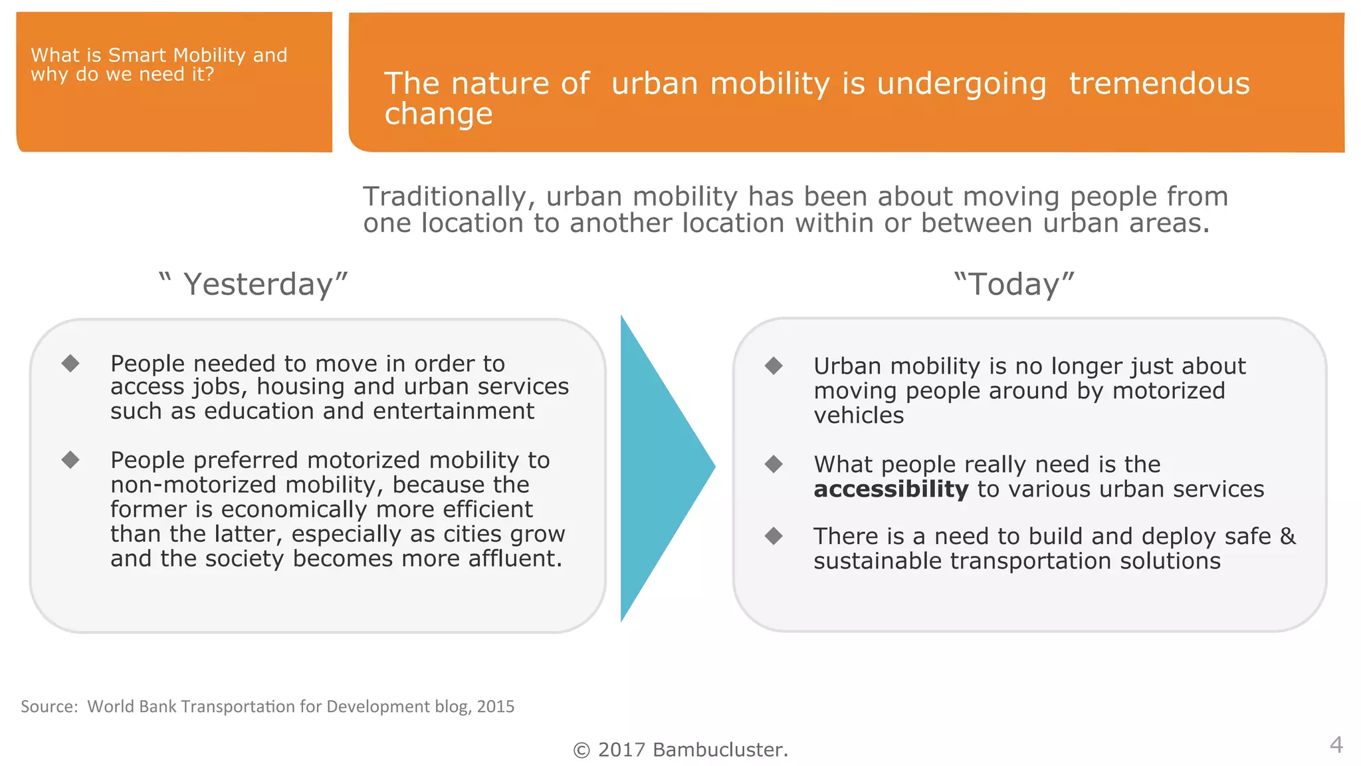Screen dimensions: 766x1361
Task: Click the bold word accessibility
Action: coord(890,489)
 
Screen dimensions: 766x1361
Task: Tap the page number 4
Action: coord(1336,744)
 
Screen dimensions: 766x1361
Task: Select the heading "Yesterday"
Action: coord(258,285)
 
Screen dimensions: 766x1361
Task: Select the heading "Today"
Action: coord(1014,285)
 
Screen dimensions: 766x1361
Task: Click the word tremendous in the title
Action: coord(1159,84)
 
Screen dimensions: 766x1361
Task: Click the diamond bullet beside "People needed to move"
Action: coord(70,363)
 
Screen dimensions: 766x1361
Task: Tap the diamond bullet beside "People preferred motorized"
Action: coord(70,459)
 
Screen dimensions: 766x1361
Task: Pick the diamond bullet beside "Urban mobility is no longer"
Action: coord(774,365)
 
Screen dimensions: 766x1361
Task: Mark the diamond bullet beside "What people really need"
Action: coord(774,463)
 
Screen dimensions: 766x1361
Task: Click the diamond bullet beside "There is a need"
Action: coord(774,535)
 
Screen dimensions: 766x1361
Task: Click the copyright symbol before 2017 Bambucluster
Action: coord(581,751)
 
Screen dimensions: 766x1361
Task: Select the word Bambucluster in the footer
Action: coord(720,750)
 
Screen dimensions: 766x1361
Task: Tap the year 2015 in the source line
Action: coord(496,706)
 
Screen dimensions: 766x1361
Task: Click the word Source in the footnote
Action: coord(49,706)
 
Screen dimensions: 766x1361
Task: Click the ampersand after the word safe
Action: coord(1287,536)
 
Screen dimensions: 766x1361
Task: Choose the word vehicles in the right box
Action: coord(859,416)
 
